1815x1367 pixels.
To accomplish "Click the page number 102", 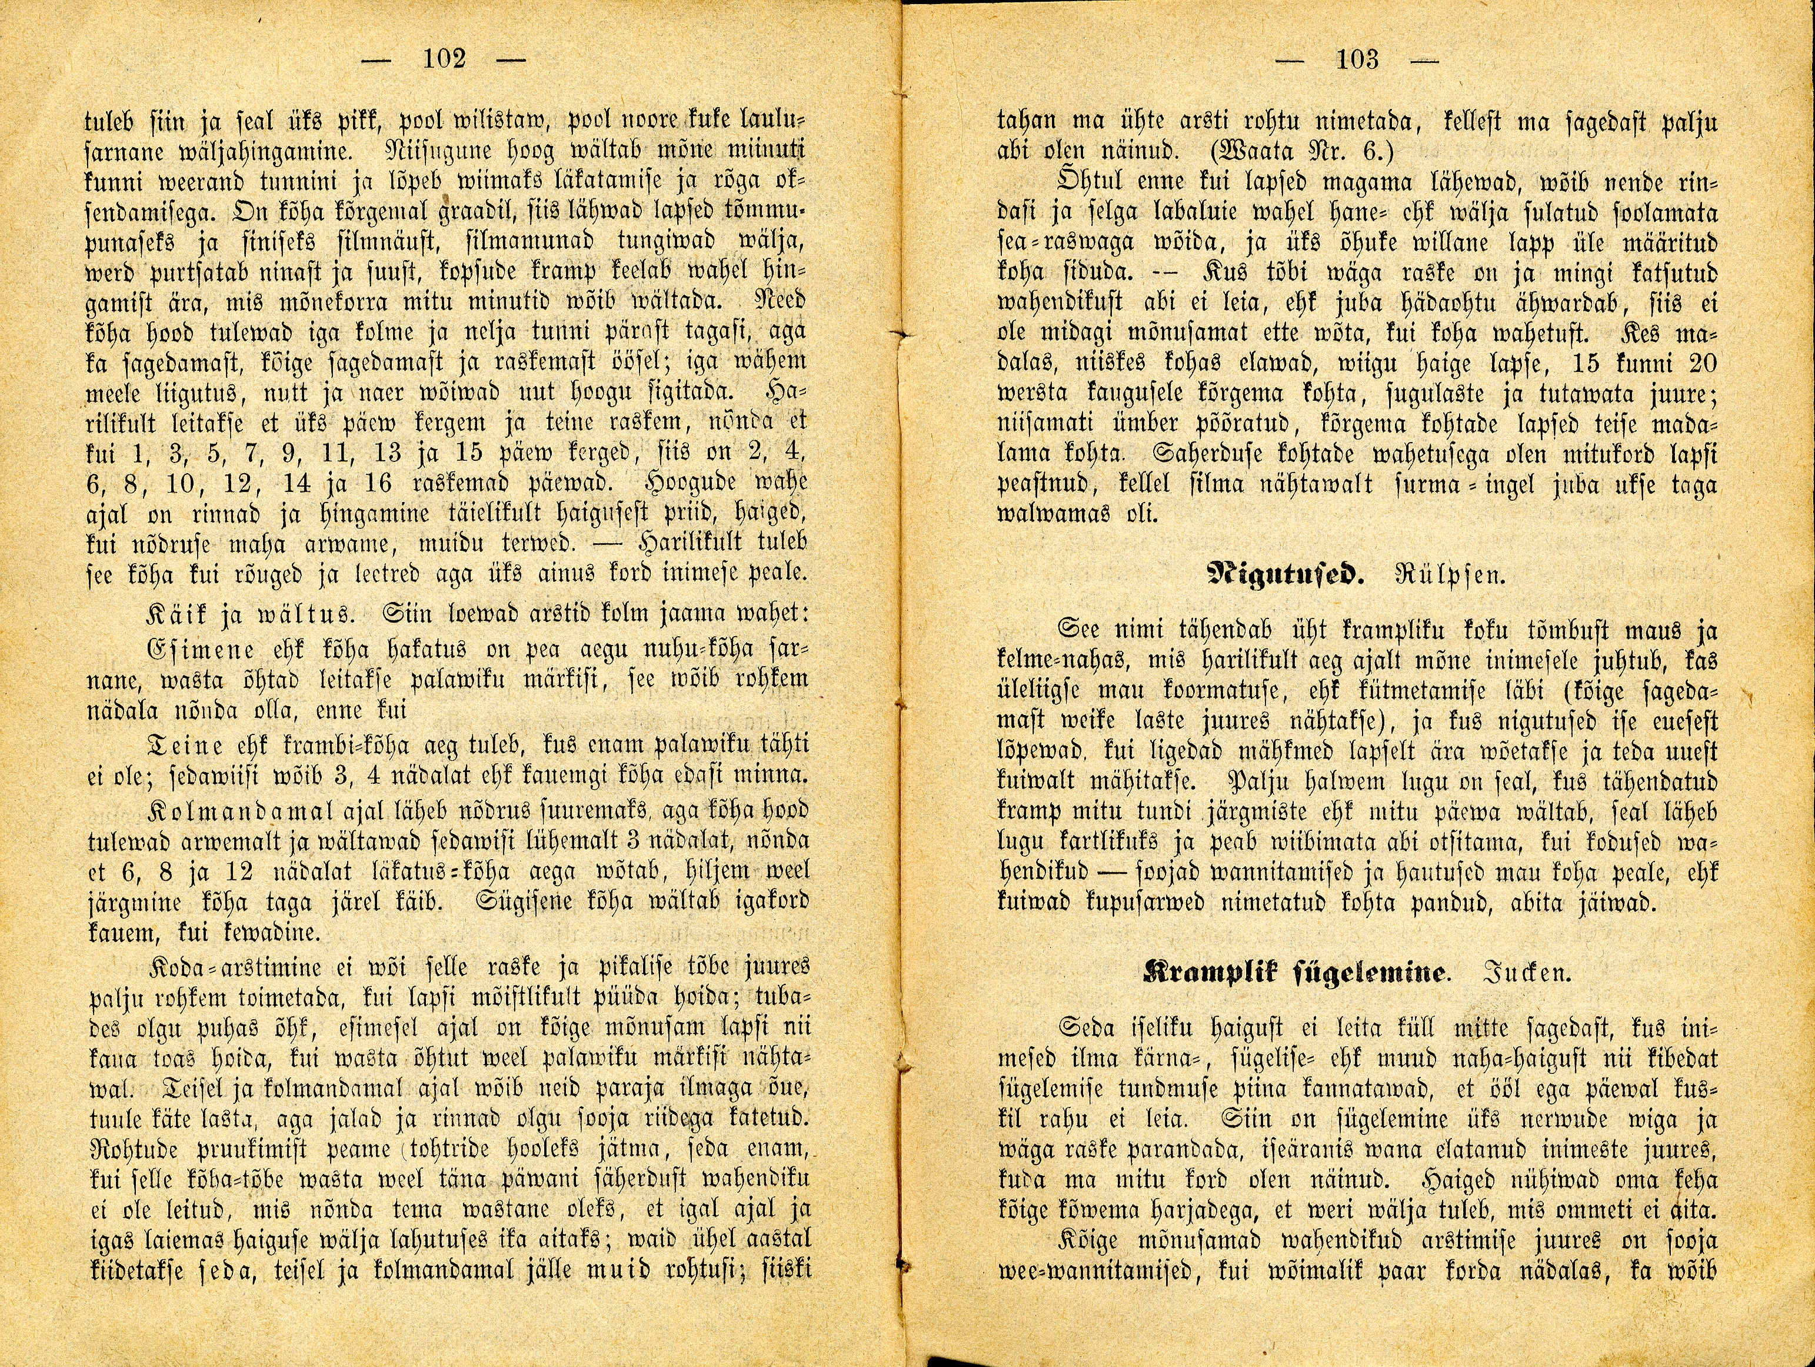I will click(444, 59).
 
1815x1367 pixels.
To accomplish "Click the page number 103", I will click(1357, 59).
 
